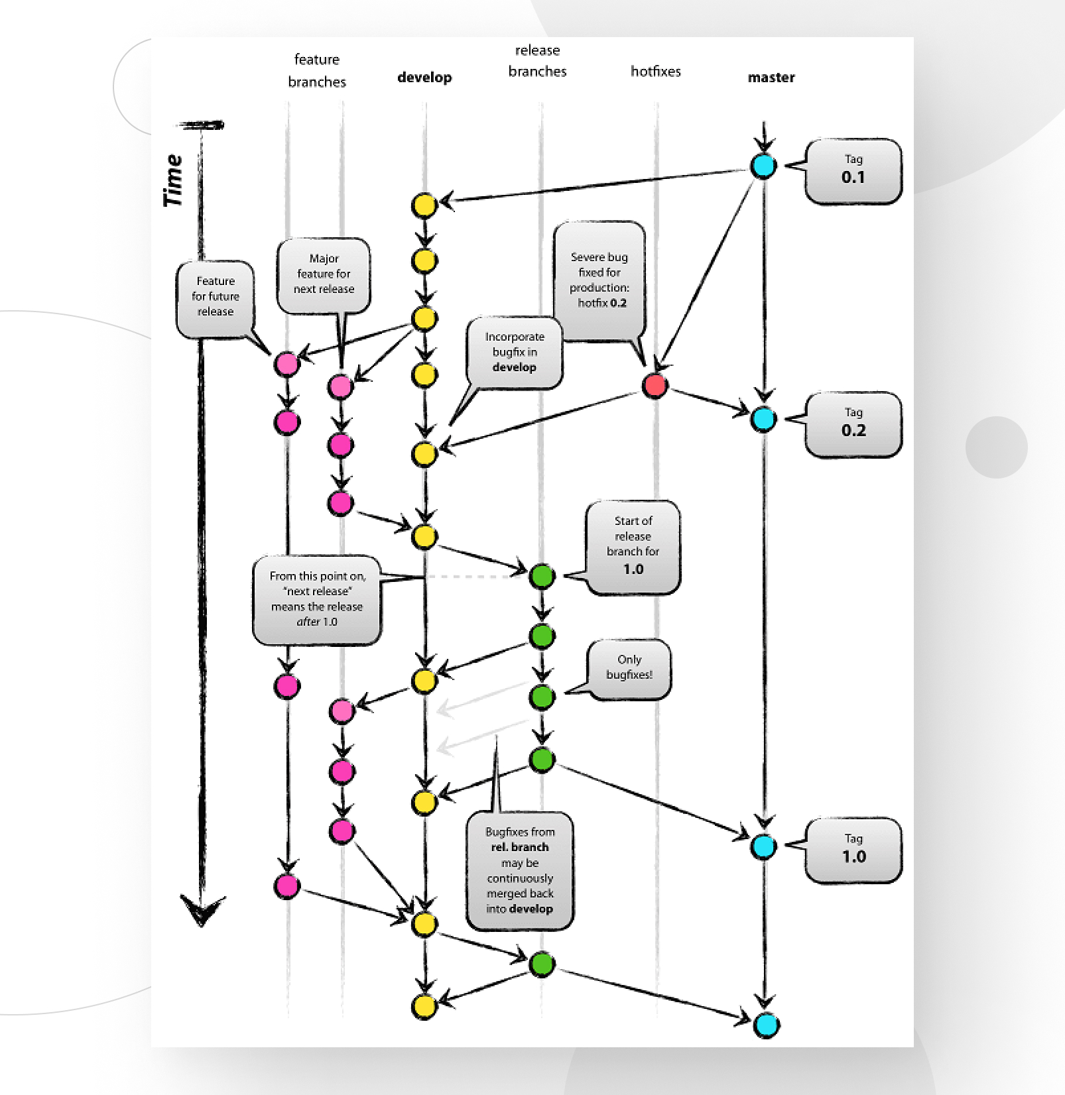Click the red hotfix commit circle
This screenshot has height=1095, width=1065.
coord(655,386)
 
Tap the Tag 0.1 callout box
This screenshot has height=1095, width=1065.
coord(853,171)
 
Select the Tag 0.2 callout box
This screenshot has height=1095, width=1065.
coord(853,424)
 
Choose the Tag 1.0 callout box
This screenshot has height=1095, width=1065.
coord(853,850)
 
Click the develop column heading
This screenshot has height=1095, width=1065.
coord(424,78)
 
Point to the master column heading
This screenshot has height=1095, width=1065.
coord(771,78)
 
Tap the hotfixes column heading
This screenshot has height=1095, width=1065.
coord(655,72)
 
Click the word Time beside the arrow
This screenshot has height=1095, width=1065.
coord(173,180)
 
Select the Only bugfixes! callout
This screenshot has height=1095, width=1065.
coord(629,668)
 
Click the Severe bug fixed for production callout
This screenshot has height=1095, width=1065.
coord(599,280)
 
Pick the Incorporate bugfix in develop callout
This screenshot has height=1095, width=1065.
coord(515,352)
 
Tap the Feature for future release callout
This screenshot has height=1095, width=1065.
coord(216,297)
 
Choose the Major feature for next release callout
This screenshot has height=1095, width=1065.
coord(324,274)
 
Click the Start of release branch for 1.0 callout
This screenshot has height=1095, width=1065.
coord(633,546)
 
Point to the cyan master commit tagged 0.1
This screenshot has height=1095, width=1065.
coord(763,166)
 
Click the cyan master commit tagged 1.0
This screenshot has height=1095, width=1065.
coord(764,846)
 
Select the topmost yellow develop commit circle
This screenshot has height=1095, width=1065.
coord(424,205)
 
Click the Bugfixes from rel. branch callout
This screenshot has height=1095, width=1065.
coord(520,870)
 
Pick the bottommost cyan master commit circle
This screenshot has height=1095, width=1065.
coord(767,1025)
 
